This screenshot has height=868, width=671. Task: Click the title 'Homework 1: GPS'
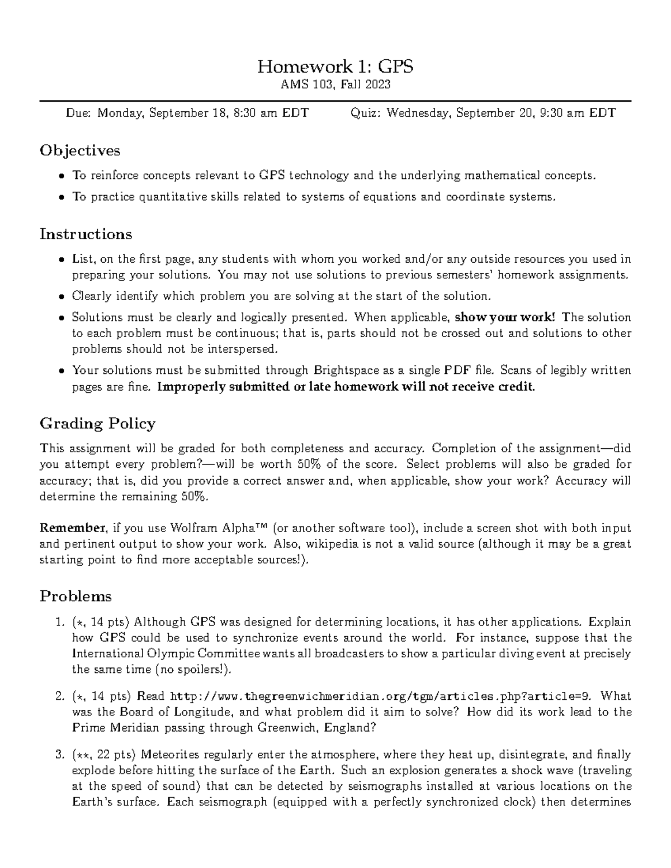point(335,67)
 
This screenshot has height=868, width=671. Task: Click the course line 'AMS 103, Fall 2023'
point(335,84)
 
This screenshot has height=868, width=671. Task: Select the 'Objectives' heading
point(80,150)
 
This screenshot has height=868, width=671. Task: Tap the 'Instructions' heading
point(86,234)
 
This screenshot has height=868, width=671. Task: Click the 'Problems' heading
point(75,596)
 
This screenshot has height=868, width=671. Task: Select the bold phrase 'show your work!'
point(506,317)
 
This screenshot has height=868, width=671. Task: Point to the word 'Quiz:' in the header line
point(366,113)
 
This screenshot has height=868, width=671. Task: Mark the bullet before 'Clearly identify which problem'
point(61,297)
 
